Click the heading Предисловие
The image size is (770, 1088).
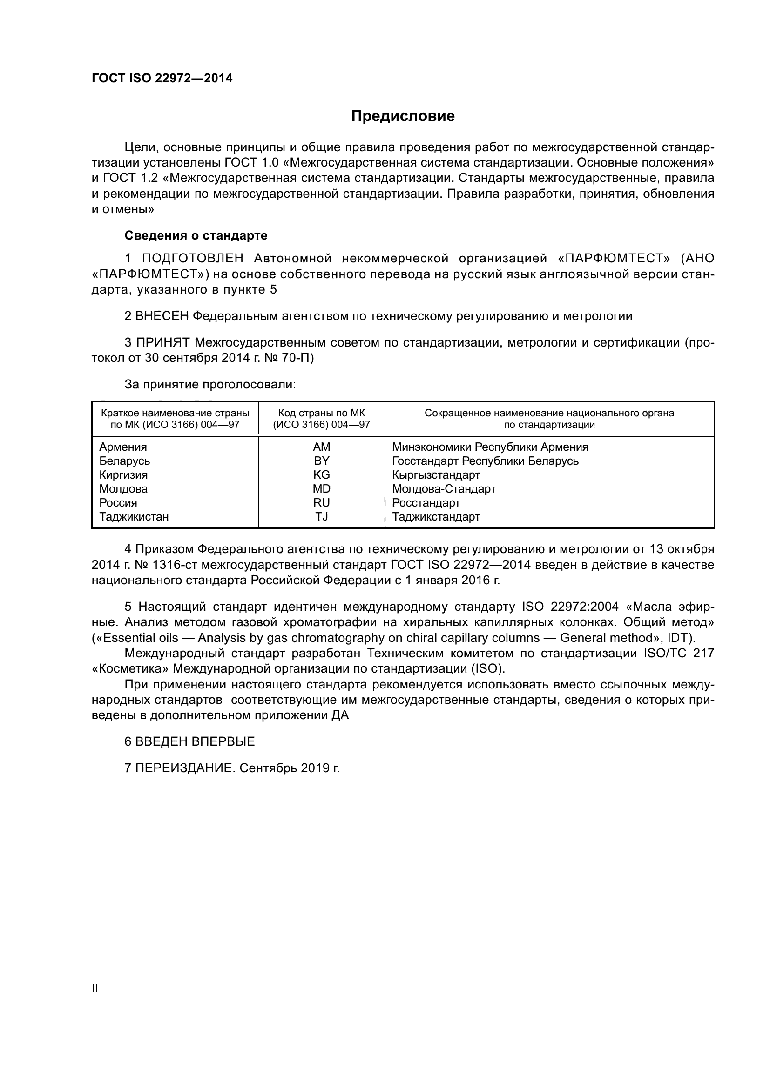click(403, 116)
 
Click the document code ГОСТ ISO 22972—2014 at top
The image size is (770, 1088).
click(162, 79)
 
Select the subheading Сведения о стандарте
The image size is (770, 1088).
click(196, 235)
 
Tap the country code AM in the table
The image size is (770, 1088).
click(322, 447)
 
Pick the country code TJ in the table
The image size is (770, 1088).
click(322, 516)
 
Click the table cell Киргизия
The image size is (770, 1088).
click(123, 475)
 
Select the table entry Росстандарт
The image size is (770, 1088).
click(426, 503)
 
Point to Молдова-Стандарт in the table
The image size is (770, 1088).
click(444, 488)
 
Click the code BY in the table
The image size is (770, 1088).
click(322, 461)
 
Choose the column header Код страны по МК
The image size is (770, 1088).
click(322, 413)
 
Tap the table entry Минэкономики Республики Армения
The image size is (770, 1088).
click(490, 447)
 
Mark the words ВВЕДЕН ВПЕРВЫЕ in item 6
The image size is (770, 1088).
click(195, 741)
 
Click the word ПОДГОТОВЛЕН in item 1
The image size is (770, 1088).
click(193, 258)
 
